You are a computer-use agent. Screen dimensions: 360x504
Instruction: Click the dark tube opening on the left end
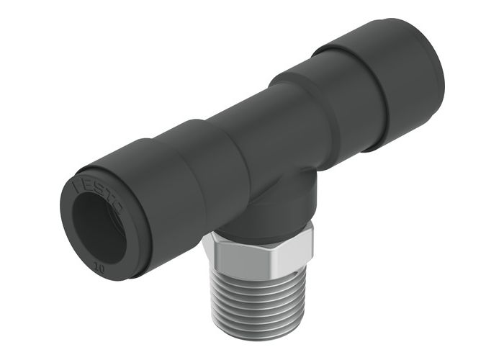[99, 229]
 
